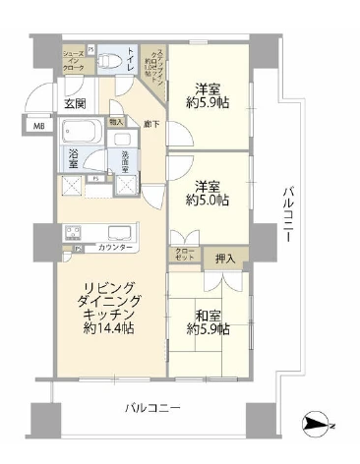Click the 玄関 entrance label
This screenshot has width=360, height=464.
tap(76, 102)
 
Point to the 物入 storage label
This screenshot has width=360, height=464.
tap(117, 122)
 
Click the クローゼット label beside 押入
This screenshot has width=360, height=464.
tap(186, 255)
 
